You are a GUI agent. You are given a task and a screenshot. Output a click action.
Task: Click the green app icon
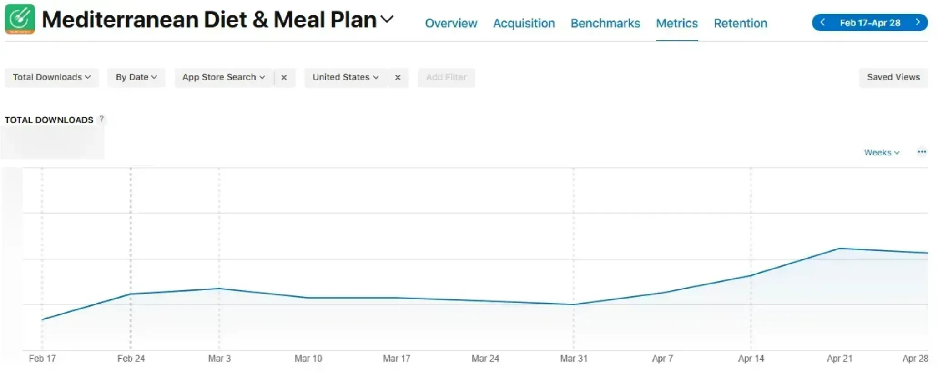[20, 19]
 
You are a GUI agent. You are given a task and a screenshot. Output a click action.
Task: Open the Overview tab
[451, 23]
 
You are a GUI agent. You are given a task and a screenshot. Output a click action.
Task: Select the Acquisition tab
[524, 23]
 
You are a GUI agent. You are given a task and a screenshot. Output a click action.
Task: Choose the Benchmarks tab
[605, 23]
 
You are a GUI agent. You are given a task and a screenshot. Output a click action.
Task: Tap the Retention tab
[740, 23]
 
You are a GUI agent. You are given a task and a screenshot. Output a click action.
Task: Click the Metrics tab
[676, 23]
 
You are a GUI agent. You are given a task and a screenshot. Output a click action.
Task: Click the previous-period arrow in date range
[822, 22]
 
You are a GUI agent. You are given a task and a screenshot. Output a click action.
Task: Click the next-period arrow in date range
[918, 22]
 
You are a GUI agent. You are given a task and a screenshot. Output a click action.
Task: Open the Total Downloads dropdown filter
[51, 77]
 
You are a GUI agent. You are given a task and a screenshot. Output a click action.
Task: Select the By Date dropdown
[136, 77]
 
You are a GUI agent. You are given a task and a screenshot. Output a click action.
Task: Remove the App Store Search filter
[284, 78]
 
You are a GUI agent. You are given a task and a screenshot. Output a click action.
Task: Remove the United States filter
[398, 78]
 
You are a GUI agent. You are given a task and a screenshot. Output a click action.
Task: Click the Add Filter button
[446, 77]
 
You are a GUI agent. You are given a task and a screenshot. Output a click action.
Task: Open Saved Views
[893, 77]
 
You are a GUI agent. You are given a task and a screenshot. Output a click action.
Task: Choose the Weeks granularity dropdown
[881, 153]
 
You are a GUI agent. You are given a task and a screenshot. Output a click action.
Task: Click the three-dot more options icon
[922, 152]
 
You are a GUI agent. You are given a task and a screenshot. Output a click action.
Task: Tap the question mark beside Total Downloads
[101, 119]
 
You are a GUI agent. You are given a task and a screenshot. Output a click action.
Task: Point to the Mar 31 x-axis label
[573, 359]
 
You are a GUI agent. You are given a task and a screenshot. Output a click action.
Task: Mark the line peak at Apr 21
[839, 249]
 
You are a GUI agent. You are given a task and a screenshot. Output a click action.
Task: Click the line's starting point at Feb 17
[42, 319]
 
